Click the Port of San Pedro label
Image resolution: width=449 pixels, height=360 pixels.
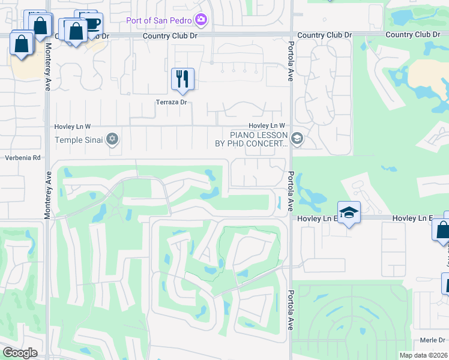[158, 21]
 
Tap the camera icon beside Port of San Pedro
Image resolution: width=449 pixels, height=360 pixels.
[201, 21]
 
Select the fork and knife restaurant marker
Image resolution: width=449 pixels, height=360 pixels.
[182, 79]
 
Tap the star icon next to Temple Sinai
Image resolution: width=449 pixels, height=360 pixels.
[112, 140]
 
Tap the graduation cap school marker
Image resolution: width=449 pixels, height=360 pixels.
[349, 212]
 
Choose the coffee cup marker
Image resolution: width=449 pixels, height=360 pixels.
[92, 24]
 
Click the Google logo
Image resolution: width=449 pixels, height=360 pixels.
[19, 352]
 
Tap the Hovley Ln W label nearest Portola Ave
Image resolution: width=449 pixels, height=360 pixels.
[264, 125]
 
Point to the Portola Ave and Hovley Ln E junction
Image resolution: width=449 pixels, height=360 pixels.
[291, 218]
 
